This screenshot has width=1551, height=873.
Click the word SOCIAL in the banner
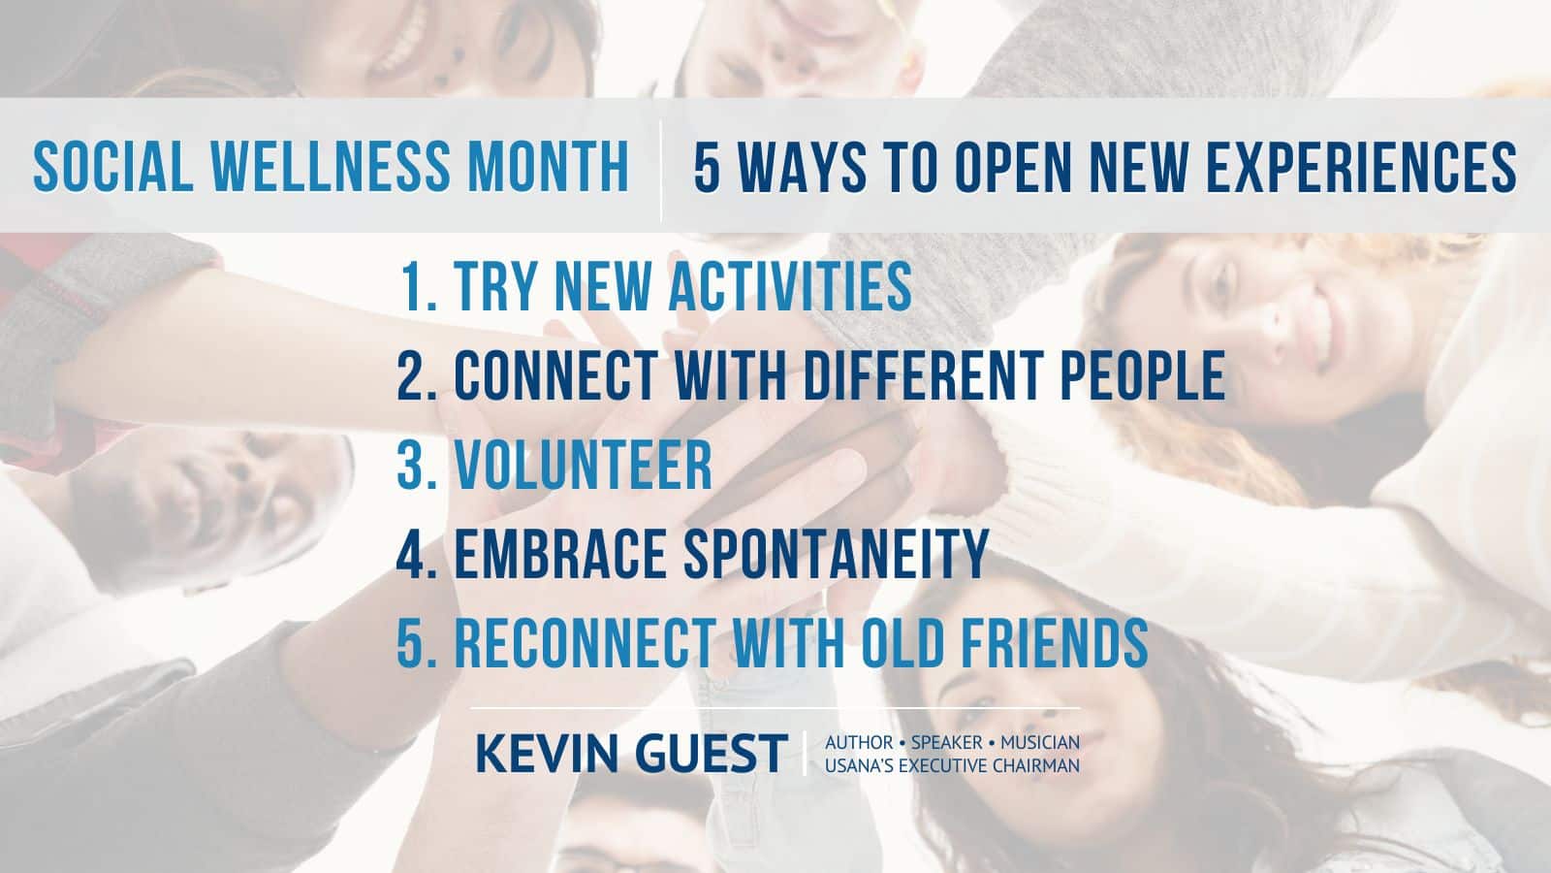coord(113,166)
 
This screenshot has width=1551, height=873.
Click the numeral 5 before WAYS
coord(707,166)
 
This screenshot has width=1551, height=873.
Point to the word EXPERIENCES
coord(1361,166)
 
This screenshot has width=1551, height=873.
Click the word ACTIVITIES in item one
coord(789,285)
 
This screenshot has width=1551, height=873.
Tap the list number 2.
coord(417,374)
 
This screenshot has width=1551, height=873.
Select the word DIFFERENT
coord(923,374)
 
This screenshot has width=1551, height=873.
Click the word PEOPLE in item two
coord(1143,374)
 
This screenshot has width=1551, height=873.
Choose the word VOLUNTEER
coord(583,465)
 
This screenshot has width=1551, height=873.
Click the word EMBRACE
coord(559,554)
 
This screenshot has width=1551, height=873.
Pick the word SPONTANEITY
coord(836,554)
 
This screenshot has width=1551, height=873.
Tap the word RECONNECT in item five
coord(585,643)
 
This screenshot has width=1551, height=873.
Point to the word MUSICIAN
coord(1040,743)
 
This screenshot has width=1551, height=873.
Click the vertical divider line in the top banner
coord(661,171)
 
